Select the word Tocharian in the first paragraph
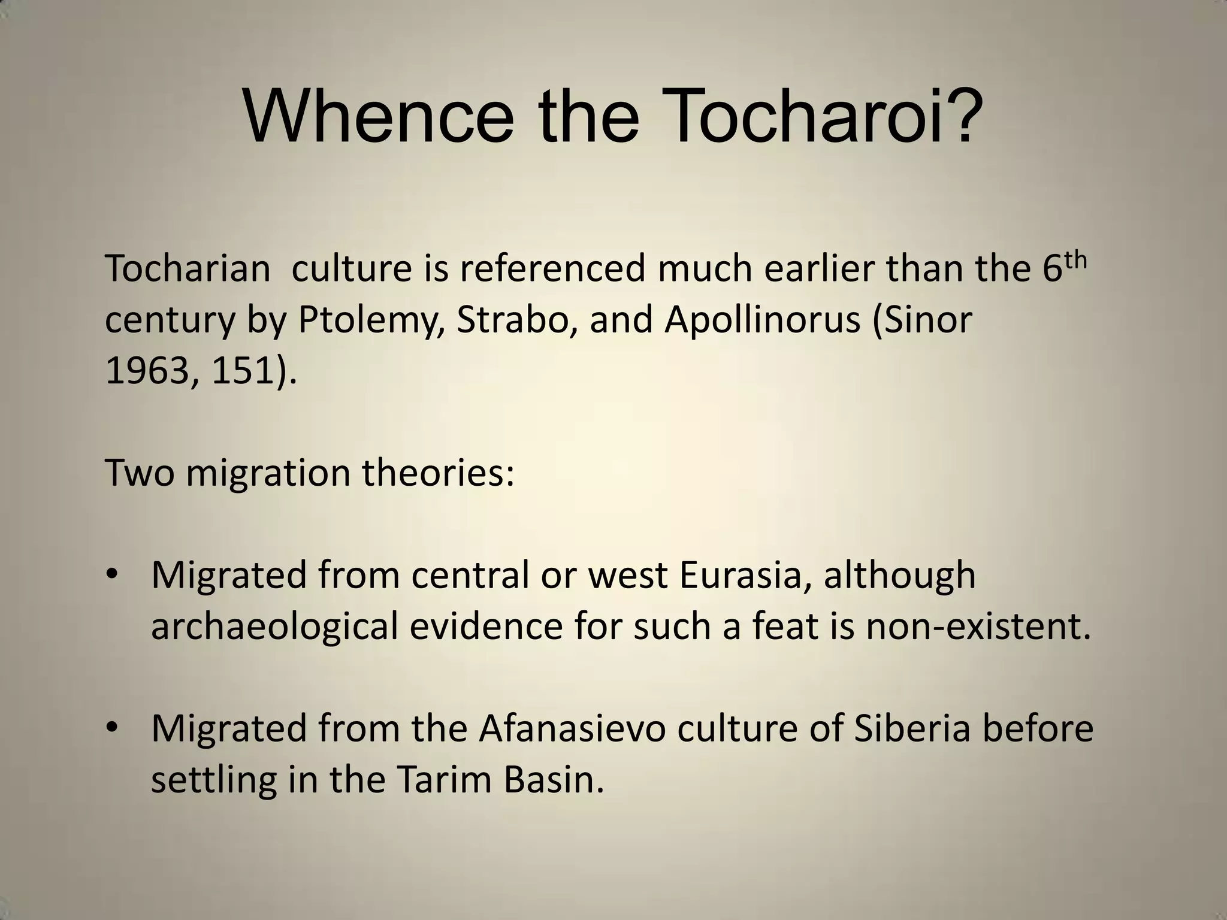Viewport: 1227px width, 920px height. click(188, 269)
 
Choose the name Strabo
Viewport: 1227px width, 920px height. click(517, 320)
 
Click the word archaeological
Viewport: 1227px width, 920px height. click(274, 628)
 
